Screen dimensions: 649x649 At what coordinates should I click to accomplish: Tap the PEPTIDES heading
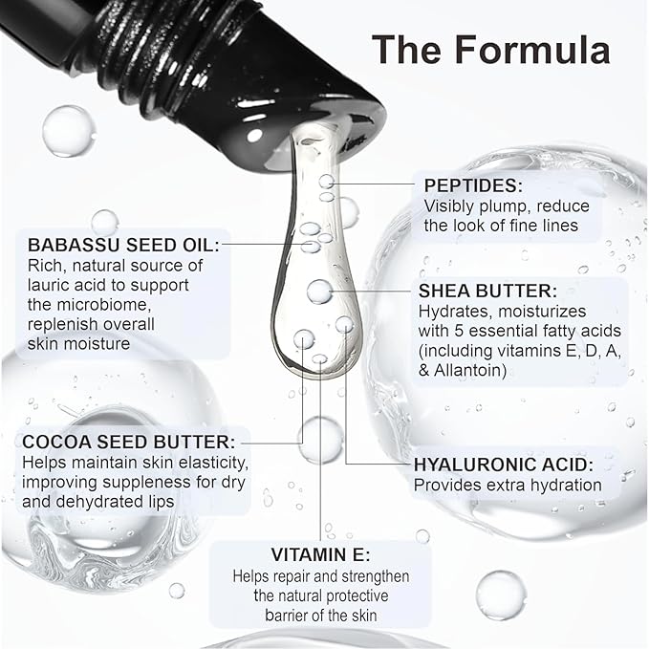tap(473, 185)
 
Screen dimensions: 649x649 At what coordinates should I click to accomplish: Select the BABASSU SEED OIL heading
tap(123, 245)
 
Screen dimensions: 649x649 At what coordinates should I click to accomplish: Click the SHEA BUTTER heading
tap(487, 291)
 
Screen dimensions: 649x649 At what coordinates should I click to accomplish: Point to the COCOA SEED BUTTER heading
tap(128, 442)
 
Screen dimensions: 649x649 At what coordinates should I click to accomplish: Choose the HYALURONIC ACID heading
tap(504, 465)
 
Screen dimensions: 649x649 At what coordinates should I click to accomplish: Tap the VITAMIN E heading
tap(321, 554)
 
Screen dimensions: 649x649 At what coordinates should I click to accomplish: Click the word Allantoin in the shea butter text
tap(470, 370)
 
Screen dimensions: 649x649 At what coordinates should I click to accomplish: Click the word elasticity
tap(207, 463)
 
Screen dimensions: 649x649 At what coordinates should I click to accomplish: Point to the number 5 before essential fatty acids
tap(460, 331)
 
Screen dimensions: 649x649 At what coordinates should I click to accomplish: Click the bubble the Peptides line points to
tap(327, 182)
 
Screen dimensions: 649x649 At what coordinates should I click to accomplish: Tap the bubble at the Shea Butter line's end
tap(319, 292)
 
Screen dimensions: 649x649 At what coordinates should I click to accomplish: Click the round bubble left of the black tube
tap(68, 131)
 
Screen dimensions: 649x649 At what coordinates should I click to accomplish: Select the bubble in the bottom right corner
tap(501, 595)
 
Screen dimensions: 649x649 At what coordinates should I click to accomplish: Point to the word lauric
tap(48, 285)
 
